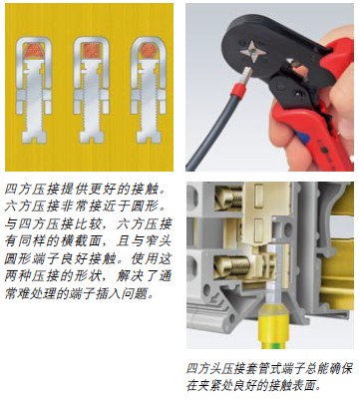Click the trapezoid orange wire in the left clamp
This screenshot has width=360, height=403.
coord(34,51)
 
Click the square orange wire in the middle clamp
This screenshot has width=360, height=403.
coord(91,51)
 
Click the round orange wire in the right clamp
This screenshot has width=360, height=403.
coord(149,51)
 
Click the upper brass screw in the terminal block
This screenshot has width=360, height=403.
coord(230,198)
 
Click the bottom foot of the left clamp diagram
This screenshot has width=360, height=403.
coord(34,137)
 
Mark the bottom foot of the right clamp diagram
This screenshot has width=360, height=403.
coord(149,137)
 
